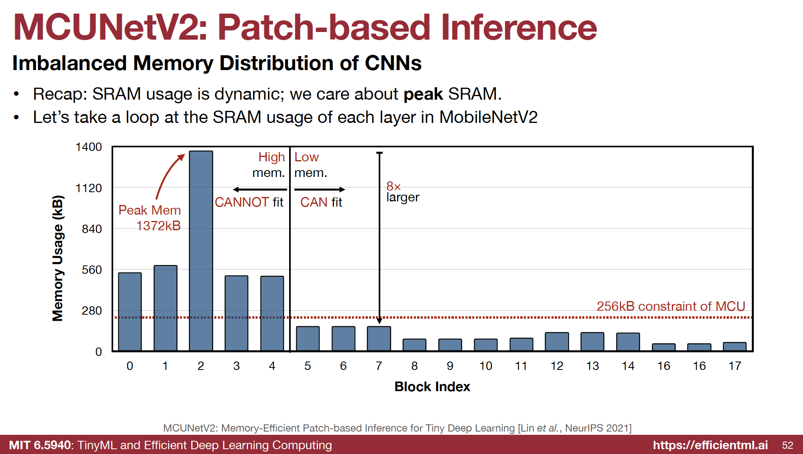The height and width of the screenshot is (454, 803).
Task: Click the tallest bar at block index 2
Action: click(x=201, y=251)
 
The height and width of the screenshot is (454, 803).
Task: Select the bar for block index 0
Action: click(x=130, y=311)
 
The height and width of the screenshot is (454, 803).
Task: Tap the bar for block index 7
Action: click(x=379, y=338)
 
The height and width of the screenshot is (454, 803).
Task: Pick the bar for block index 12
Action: click(x=557, y=342)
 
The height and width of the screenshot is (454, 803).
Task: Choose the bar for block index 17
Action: click(x=735, y=346)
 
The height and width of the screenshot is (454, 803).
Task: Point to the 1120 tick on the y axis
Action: click(x=89, y=188)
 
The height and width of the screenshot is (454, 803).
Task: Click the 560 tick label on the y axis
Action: click(x=92, y=270)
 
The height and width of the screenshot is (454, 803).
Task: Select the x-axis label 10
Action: click(x=485, y=366)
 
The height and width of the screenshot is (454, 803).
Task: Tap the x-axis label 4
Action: click(x=272, y=366)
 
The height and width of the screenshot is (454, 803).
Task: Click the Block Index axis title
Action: click(x=432, y=387)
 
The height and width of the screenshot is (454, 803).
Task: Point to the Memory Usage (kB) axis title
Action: click(x=58, y=258)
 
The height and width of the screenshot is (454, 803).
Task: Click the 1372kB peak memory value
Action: click(x=158, y=226)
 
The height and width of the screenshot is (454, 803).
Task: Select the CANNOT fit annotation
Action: click(x=249, y=202)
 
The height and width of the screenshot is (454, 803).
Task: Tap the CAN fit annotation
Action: click(x=321, y=202)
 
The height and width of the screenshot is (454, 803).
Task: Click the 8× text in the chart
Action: click(x=393, y=186)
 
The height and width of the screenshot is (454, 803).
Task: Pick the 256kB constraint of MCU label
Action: click(x=671, y=306)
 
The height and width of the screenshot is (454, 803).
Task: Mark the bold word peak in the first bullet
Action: click(x=423, y=94)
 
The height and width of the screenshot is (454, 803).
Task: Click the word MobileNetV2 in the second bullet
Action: click(x=488, y=117)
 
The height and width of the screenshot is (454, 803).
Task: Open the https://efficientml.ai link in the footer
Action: click(x=710, y=445)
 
